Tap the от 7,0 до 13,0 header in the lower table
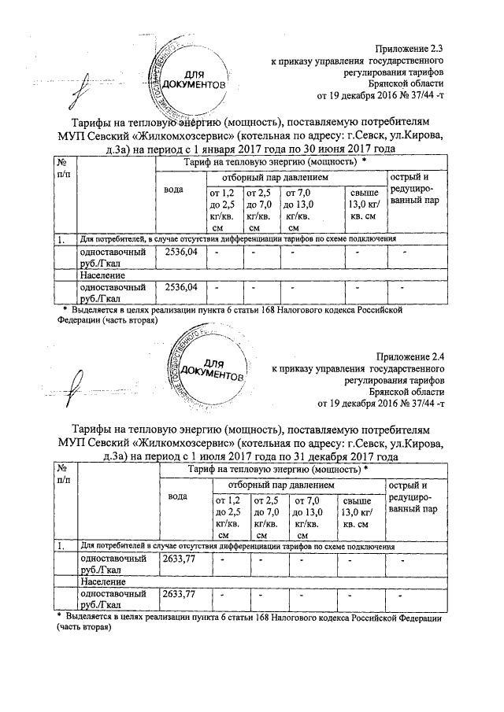[309, 517]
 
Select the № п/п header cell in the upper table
[63, 167]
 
